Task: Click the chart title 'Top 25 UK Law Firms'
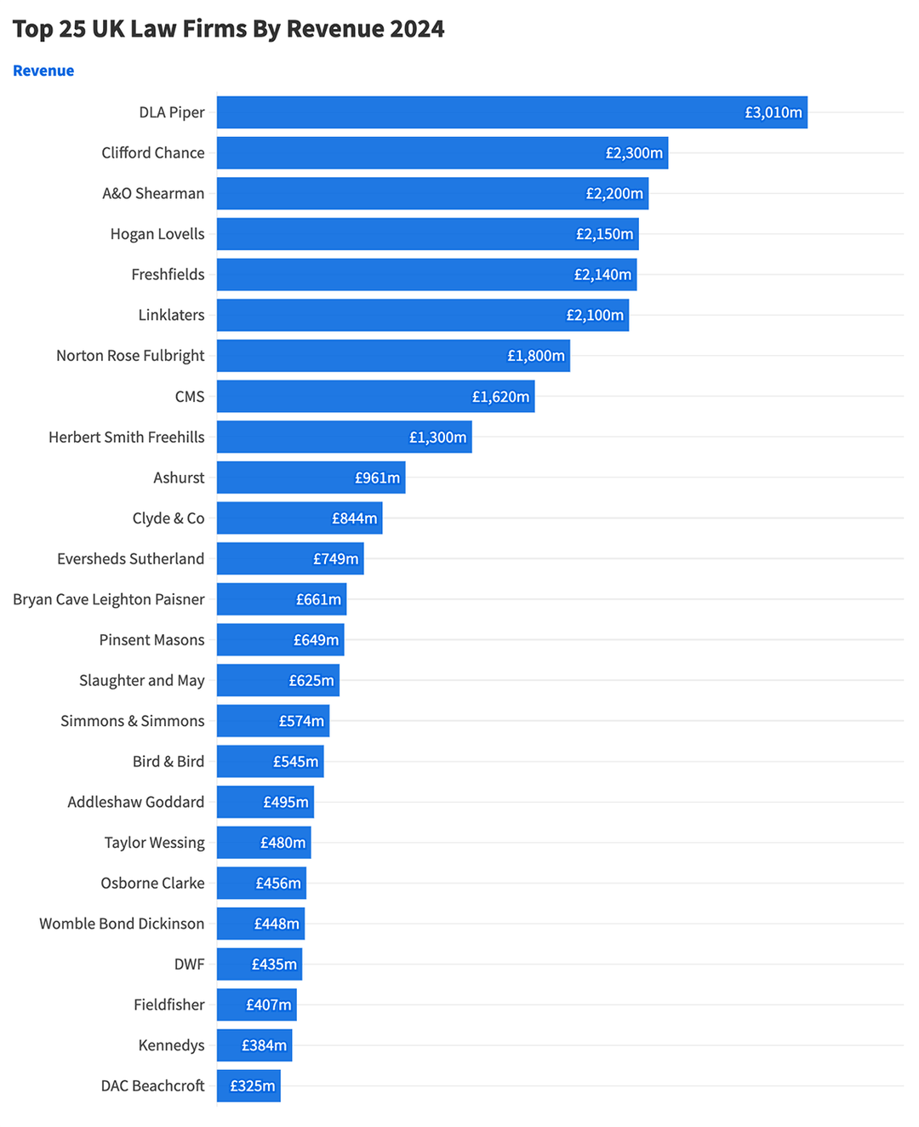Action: point(228,29)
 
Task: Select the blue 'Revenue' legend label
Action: point(43,71)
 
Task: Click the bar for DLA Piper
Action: point(477,112)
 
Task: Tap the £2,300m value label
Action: point(634,153)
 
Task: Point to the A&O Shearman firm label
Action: point(153,193)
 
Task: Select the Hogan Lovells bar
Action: point(391,234)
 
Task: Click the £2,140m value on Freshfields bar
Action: point(602,275)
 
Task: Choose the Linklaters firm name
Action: point(171,315)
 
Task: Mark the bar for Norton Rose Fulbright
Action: point(357,356)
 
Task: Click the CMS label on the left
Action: point(190,397)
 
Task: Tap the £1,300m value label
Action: point(437,438)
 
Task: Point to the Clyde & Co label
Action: point(168,518)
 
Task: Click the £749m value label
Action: point(336,559)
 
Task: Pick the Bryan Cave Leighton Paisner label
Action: point(109,599)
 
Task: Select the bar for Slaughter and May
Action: point(251,681)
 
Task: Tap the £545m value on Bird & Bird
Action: point(295,762)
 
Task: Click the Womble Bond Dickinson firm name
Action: point(122,924)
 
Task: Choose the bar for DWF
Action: point(234,964)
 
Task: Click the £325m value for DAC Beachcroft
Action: point(253,1086)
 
